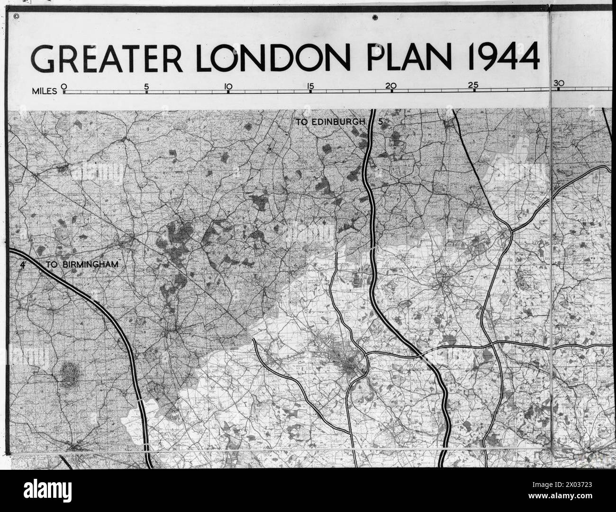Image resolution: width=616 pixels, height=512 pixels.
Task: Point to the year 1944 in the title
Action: point(503,58)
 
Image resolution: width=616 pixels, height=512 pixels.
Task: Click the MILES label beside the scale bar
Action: point(44,90)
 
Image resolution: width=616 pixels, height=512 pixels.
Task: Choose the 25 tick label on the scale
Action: point(473,86)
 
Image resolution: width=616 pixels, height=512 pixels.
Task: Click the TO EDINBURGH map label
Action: point(331,122)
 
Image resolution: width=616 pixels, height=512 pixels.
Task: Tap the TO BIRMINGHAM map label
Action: point(82,265)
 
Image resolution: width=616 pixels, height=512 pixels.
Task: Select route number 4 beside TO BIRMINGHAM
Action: point(22,265)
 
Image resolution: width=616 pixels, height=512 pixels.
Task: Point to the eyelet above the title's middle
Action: point(375,18)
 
